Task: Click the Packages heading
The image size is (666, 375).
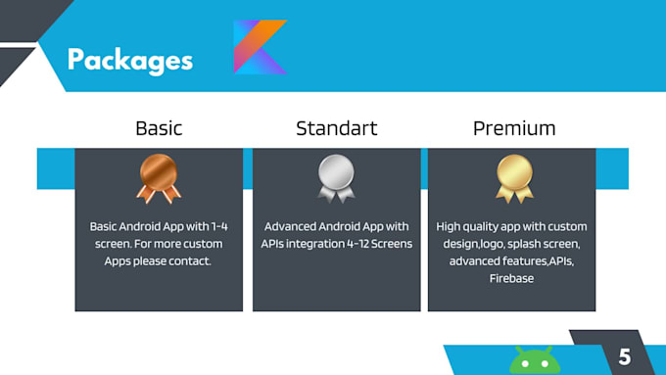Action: [x=130, y=60]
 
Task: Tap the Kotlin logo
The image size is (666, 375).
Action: [x=260, y=47]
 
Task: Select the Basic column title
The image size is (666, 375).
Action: [x=159, y=128]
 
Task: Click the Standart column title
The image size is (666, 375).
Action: [x=336, y=128]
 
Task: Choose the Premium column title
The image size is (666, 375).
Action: [x=514, y=128]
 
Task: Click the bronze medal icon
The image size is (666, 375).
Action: [x=158, y=179]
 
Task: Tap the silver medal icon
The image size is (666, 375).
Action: [x=336, y=179]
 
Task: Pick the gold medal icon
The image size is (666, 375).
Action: [x=514, y=179]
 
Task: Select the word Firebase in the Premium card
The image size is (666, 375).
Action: [x=513, y=279]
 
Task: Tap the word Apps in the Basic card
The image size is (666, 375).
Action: [x=122, y=261]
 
